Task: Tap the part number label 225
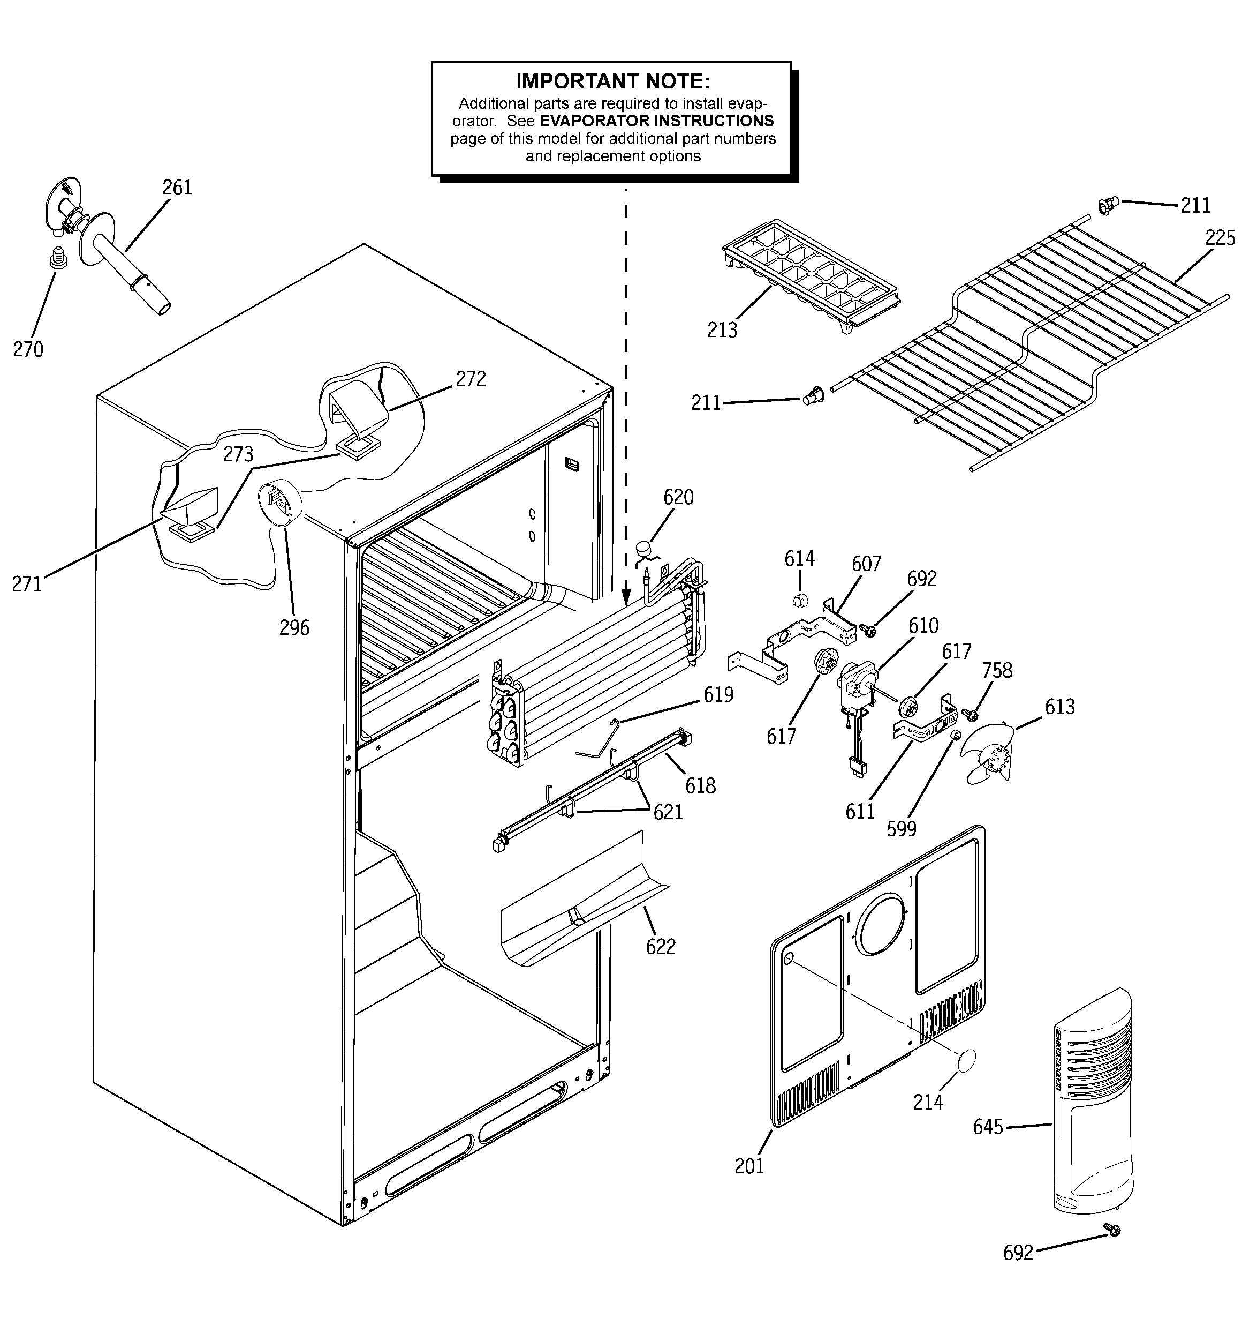coord(1220,238)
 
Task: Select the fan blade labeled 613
coord(989,752)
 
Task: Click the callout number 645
coord(987,1127)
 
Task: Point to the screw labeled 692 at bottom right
coord(1111,1228)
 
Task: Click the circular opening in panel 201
coord(881,926)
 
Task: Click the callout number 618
coord(700,786)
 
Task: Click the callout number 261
coord(177,188)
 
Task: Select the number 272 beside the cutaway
coord(471,379)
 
